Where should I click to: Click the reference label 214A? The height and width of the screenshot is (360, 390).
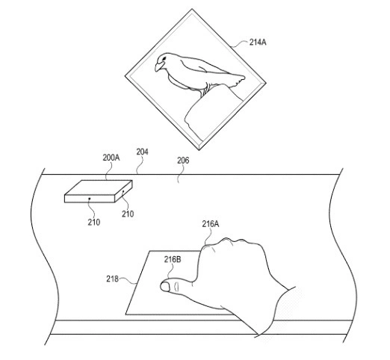tap(258, 43)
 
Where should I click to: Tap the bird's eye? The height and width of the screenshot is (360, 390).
tap(164, 58)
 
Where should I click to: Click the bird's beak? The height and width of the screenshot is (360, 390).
tap(158, 66)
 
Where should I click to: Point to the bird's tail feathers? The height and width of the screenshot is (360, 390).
tap(237, 79)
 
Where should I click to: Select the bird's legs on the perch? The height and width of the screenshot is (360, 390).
tap(205, 90)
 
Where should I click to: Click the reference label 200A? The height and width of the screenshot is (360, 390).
tap(111, 158)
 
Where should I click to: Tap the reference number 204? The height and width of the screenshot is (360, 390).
tap(142, 152)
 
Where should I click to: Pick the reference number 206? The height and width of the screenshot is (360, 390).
tap(183, 161)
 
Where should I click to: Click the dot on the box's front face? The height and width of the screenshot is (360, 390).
tap(90, 199)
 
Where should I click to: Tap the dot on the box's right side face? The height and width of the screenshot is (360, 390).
tap(123, 191)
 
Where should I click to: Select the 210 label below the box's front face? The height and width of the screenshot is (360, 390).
tap(94, 222)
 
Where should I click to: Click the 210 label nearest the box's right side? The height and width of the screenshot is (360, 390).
tap(128, 214)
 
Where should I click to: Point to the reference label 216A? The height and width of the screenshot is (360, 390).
tap(211, 224)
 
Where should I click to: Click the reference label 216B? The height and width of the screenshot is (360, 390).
tap(173, 260)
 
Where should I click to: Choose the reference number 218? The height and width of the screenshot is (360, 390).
tap(112, 279)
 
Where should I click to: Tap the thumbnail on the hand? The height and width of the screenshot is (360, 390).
tap(164, 287)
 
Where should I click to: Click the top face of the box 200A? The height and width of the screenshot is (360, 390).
tap(99, 187)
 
